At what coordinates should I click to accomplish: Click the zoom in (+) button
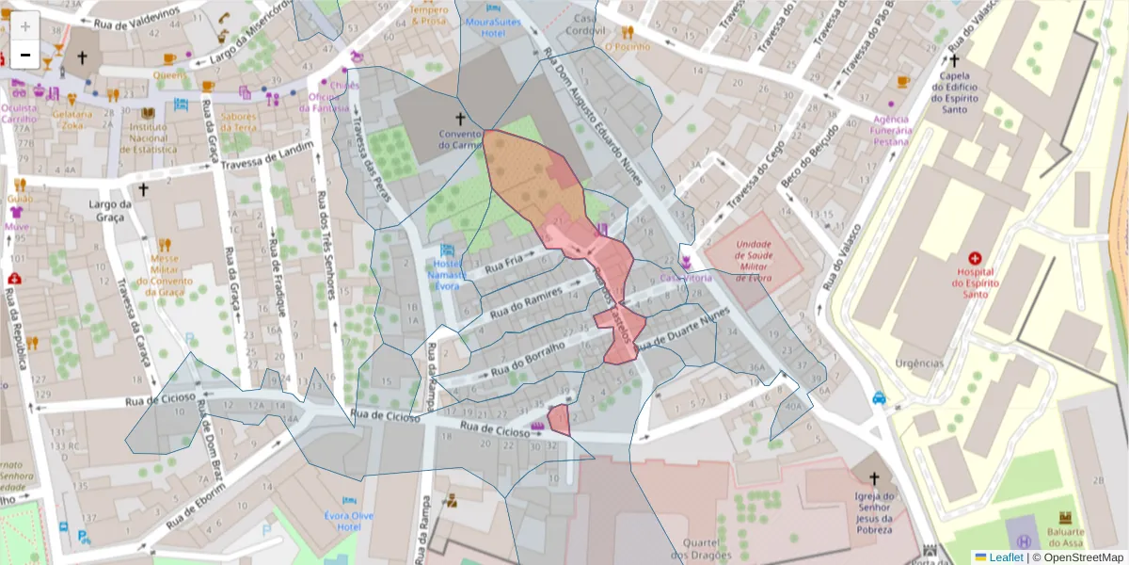[x=25, y=26]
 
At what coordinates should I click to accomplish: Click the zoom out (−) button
[x=25, y=56]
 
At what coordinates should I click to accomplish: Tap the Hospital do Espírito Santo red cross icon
[x=975, y=258]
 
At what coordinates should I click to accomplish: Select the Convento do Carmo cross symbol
[x=460, y=119]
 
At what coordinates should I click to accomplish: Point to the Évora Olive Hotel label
[x=349, y=521]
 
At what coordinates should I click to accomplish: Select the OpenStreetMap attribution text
[x=1078, y=557]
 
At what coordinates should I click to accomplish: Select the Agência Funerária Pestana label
[x=890, y=130]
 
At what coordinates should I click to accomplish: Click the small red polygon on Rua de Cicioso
[x=559, y=419]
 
